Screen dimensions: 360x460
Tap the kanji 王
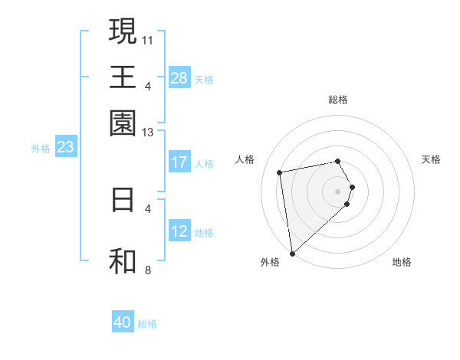pyautogui.click(x=123, y=77)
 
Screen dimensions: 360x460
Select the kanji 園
pyautogui.click(x=123, y=122)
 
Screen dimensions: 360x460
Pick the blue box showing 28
pyautogui.click(x=179, y=78)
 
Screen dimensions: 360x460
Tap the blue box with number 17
pyautogui.click(x=179, y=162)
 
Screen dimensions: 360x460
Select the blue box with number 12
pyautogui.click(x=179, y=231)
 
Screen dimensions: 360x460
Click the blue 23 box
pyautogui.click(x=65, y=147)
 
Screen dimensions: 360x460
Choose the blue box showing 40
pyautogui.click(x=123, y=322)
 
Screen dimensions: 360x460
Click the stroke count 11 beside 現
pyautogui.click(x=149, y=39)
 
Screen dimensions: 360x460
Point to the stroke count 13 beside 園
pyautogui.click(x=149, y=133)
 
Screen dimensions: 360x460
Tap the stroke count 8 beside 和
pyautogui.click(x=147, y=270)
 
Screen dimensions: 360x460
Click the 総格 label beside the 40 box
pyautogui.click(x=147, y=324)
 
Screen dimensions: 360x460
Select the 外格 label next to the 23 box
pyautogui.click(x=41, y=149)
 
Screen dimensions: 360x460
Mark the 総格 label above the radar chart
pyautogui.click(x=338, y=100)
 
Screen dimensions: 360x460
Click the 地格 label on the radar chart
pyautogui.click(x=402, y=262)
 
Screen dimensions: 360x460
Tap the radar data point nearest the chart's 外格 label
pyautogui.click(x=292, y=253)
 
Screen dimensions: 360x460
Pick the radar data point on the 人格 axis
pyautogui.click(x=280, y=172)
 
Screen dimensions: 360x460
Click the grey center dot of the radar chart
pyautogui.click(x=338, y=191)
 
